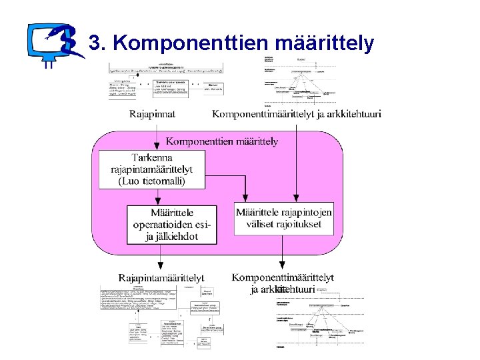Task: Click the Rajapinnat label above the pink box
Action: click(153, 113)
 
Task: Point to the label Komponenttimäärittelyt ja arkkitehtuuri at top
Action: click(297, 113)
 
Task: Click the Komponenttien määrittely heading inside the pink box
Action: click(222, 141)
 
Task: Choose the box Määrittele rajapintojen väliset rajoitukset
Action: click(283, 218)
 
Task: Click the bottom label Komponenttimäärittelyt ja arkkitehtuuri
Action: click(283, 283)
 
